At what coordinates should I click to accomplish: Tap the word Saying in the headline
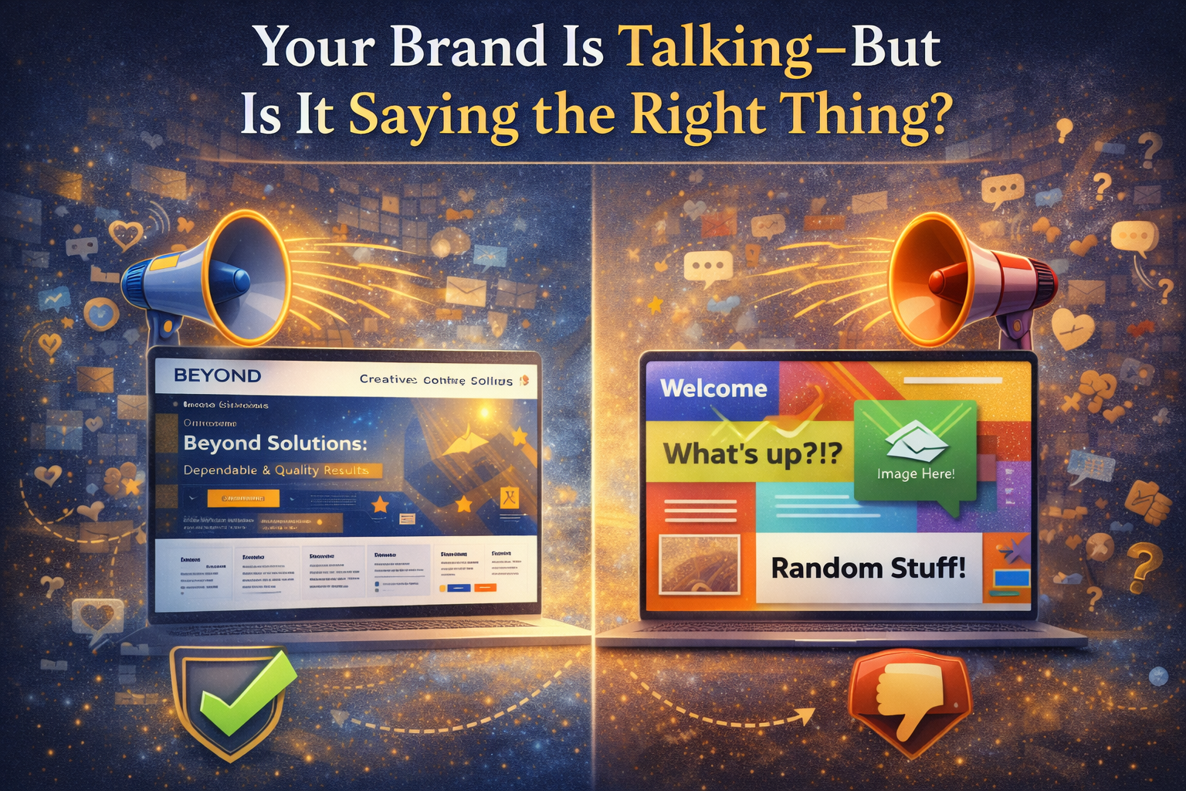[x=433, y=116]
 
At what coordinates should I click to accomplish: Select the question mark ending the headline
[x=934, y=116]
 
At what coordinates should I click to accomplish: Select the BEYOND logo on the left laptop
[x=218, y=376]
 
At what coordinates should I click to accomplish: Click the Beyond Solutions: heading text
[x=275, y=443]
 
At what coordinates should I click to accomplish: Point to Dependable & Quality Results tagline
[x=276, y=470]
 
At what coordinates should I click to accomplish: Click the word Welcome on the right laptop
[x=713, y=388]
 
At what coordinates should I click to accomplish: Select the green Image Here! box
[x=916, y=452]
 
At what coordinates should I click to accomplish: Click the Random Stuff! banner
[x=868, y=569]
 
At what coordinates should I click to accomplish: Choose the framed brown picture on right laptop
[x=700, y=563]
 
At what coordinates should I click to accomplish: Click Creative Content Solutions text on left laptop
[x=436, y=380]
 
